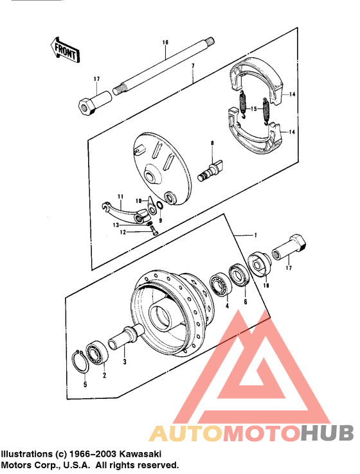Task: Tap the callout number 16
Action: (165, 42)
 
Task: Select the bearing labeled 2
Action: (97, 353)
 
